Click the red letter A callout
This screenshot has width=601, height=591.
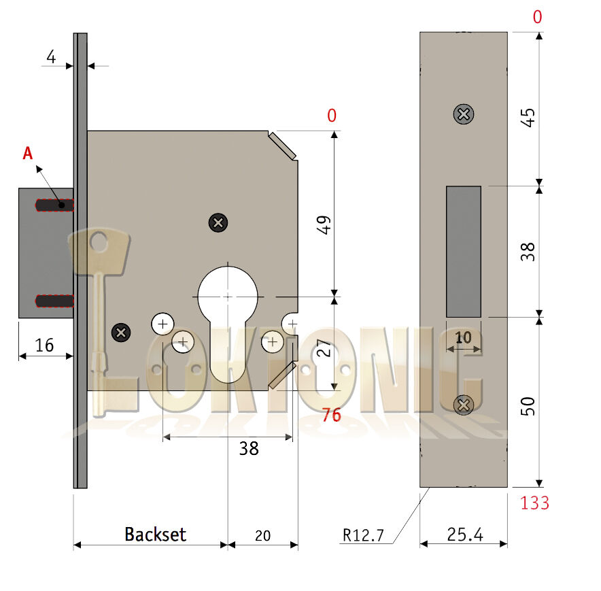(28, 154)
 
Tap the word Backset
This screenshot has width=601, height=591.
(155, 534)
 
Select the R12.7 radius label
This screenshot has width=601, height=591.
(364, 535)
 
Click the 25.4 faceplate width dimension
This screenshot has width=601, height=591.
(465, 535)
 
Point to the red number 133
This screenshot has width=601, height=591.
(534, 503)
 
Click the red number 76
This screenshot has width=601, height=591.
(331, 415)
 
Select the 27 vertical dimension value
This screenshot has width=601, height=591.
(325, 349)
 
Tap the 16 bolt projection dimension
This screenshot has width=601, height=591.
(44, 345)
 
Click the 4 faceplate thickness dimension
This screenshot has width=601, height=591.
(51, 57)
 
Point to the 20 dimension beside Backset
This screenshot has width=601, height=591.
(262, 535)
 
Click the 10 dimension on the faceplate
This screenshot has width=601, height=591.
(464, 338)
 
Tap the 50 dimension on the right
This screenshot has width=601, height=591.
(531, 407)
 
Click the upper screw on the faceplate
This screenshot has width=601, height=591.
(464, 114)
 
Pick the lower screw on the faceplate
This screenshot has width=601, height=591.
(464, 405)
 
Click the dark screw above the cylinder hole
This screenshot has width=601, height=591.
(218, 222)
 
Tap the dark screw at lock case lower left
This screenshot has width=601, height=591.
(121, 333)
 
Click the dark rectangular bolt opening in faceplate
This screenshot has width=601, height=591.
(463, 252)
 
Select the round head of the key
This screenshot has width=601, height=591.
(99, 243)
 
